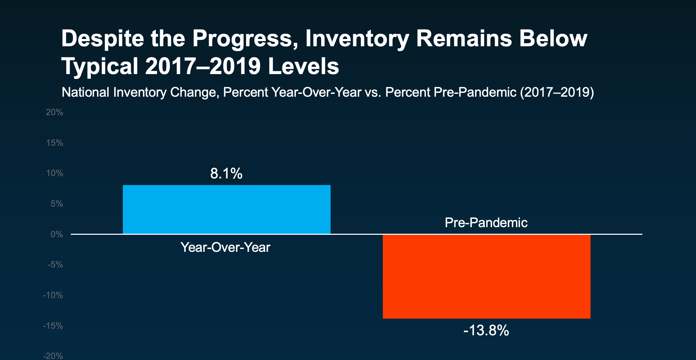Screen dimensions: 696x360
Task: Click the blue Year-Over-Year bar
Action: tap(227, 209)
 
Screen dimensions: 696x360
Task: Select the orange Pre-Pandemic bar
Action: tap(487, 277)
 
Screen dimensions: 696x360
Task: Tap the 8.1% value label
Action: tap(226, 173)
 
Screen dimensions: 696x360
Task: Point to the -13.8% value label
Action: tap(486, 330)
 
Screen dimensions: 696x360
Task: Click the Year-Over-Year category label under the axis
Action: tap(226, 247)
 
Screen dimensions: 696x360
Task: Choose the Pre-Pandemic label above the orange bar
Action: tap(486, 223)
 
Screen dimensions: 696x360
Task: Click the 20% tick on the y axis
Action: tap(55, 112)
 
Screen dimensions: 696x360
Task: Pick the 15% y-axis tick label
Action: tap(55, 143)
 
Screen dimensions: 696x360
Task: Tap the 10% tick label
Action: tap(55, 173)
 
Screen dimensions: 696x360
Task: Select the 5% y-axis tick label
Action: tap(57, 204)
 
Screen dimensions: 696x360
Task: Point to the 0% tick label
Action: tap(57, 234)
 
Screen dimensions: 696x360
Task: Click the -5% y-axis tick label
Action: tap(55, 265)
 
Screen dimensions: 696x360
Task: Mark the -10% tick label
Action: tap(53, 295)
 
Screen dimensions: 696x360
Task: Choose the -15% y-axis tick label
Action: tap(53, 326)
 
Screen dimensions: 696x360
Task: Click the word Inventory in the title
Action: tap(357, 39)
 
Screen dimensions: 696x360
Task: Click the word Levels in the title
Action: tap(303, 66)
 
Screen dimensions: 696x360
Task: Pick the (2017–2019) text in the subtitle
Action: tap(557, 93)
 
